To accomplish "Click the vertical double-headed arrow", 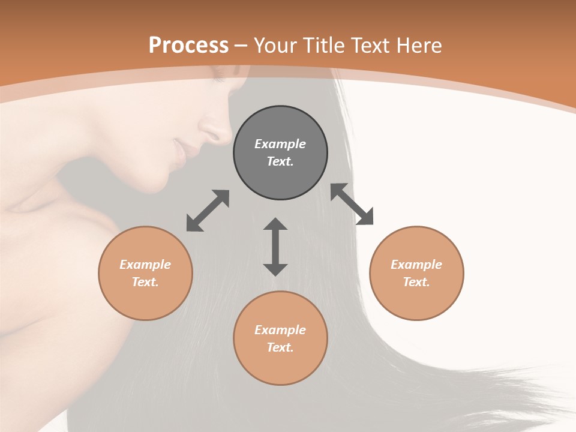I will coord(275,247).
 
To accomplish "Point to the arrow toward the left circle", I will coord(208,211).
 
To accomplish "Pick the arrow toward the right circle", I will coord(352,204).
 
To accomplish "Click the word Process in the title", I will coord(188,46).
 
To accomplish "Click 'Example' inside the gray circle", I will coord(280,144).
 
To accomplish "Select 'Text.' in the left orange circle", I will coord(145,282).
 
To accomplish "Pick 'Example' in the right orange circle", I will coord(416,265).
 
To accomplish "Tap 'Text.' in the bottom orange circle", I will coord(280,347).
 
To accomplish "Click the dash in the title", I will coord(241,46).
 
